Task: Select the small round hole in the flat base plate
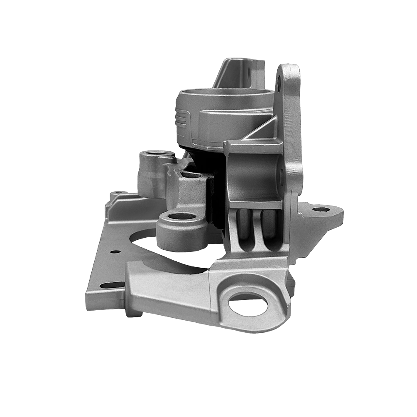[114, 251]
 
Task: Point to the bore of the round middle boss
[182, 216]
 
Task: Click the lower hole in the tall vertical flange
[281, 176]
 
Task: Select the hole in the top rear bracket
[249, 74]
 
